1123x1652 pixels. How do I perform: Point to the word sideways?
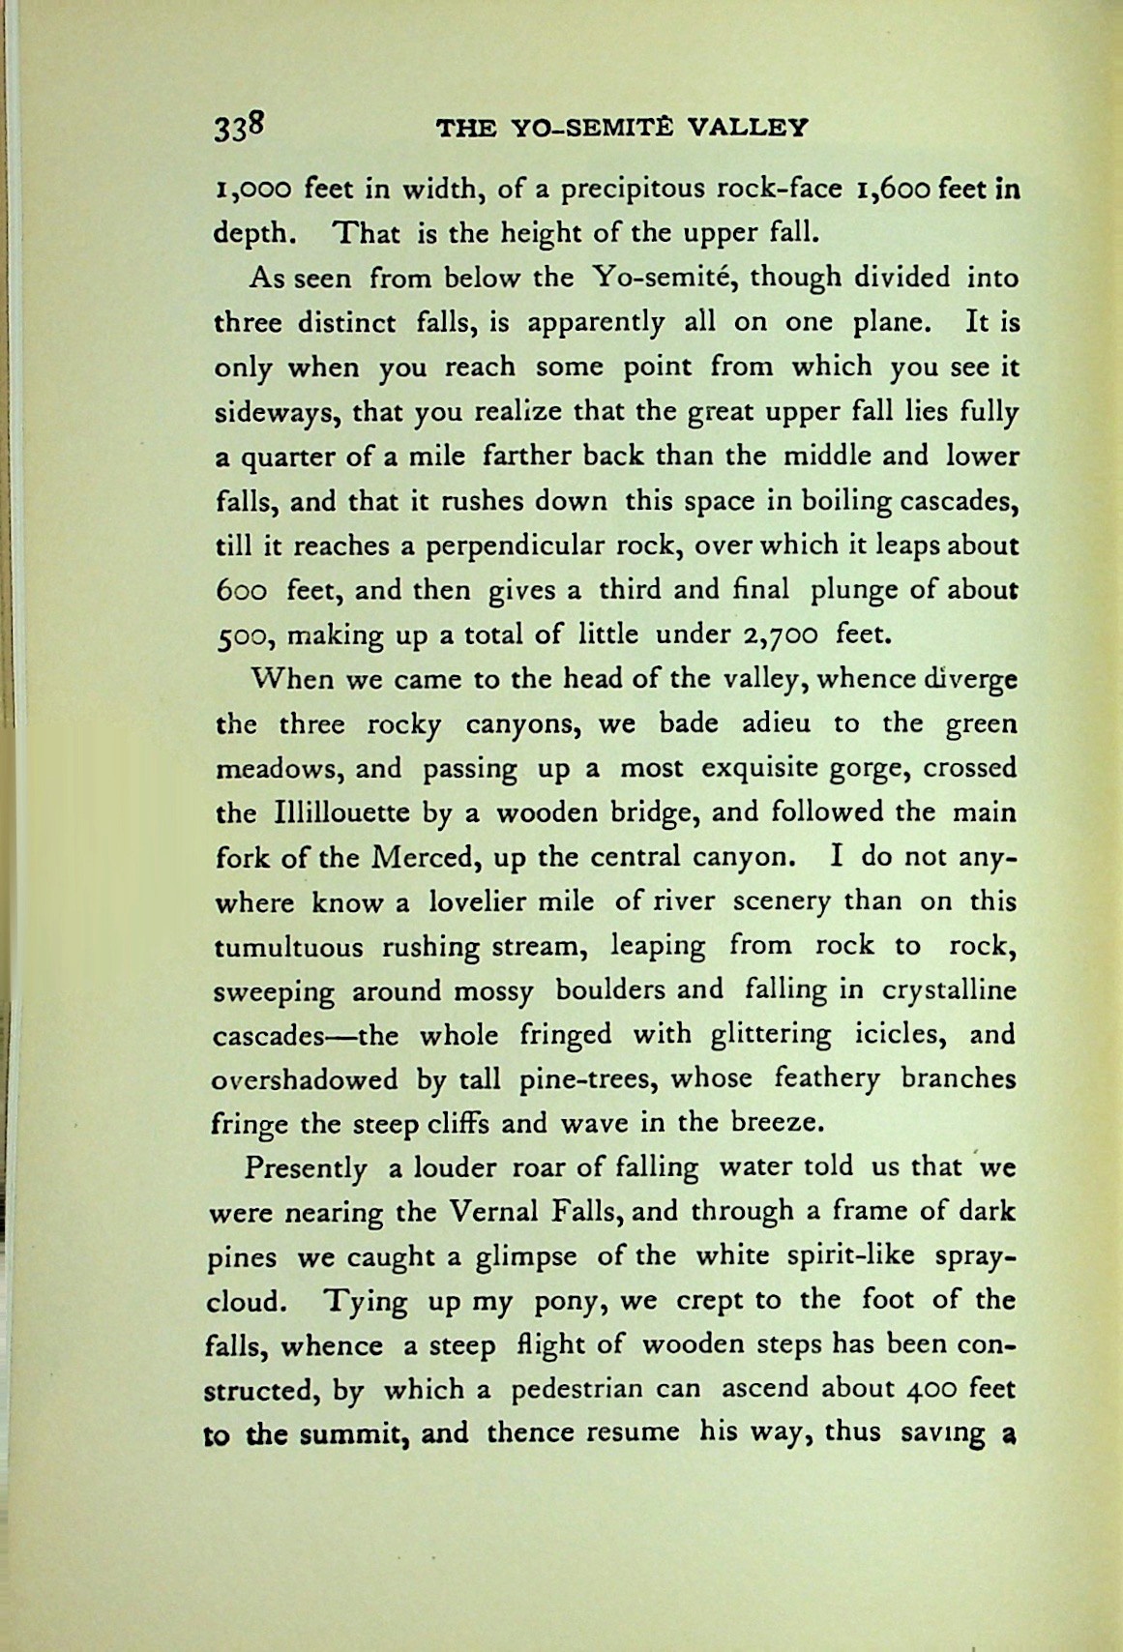point(275,413)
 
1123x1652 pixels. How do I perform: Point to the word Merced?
point(422,857)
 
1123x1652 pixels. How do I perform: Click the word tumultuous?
point(288,946)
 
